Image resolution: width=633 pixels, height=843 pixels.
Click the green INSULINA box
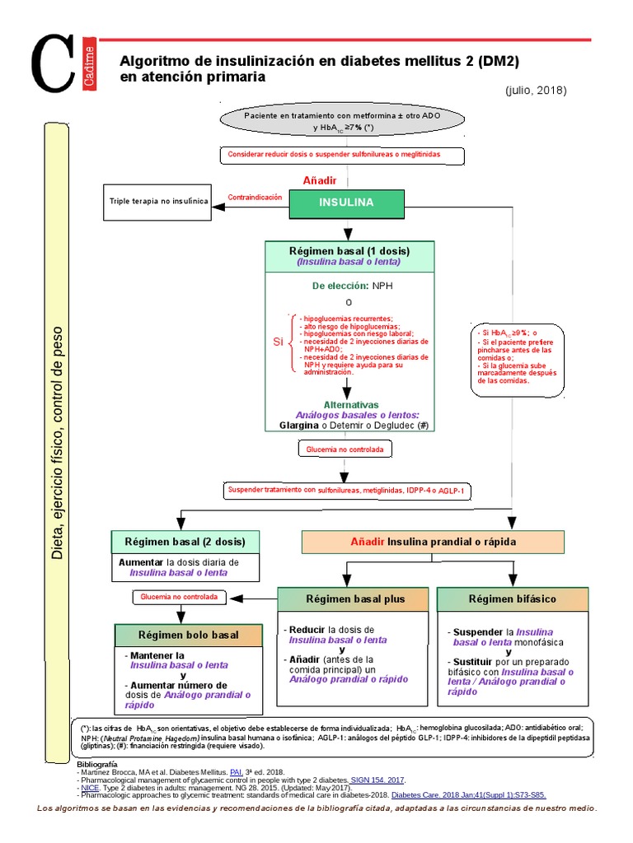(346, 203)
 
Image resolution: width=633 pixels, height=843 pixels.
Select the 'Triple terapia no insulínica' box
(159, 202)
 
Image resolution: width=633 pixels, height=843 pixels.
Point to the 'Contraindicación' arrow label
(255, 198)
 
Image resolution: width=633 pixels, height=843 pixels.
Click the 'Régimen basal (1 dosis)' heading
(349, 251)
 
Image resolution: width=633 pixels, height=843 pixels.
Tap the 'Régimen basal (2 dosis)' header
(185, 542)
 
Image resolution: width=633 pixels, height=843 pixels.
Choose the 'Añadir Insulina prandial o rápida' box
(433, 542)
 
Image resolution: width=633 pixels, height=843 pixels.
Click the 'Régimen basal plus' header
(355, 599)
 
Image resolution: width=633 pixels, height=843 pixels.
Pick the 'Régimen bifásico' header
(512, 599)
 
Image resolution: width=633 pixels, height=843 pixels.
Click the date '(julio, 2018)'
(537, 90)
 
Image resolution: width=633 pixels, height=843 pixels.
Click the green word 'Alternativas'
(351, 405)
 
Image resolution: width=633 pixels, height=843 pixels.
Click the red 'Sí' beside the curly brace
(278, 341)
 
